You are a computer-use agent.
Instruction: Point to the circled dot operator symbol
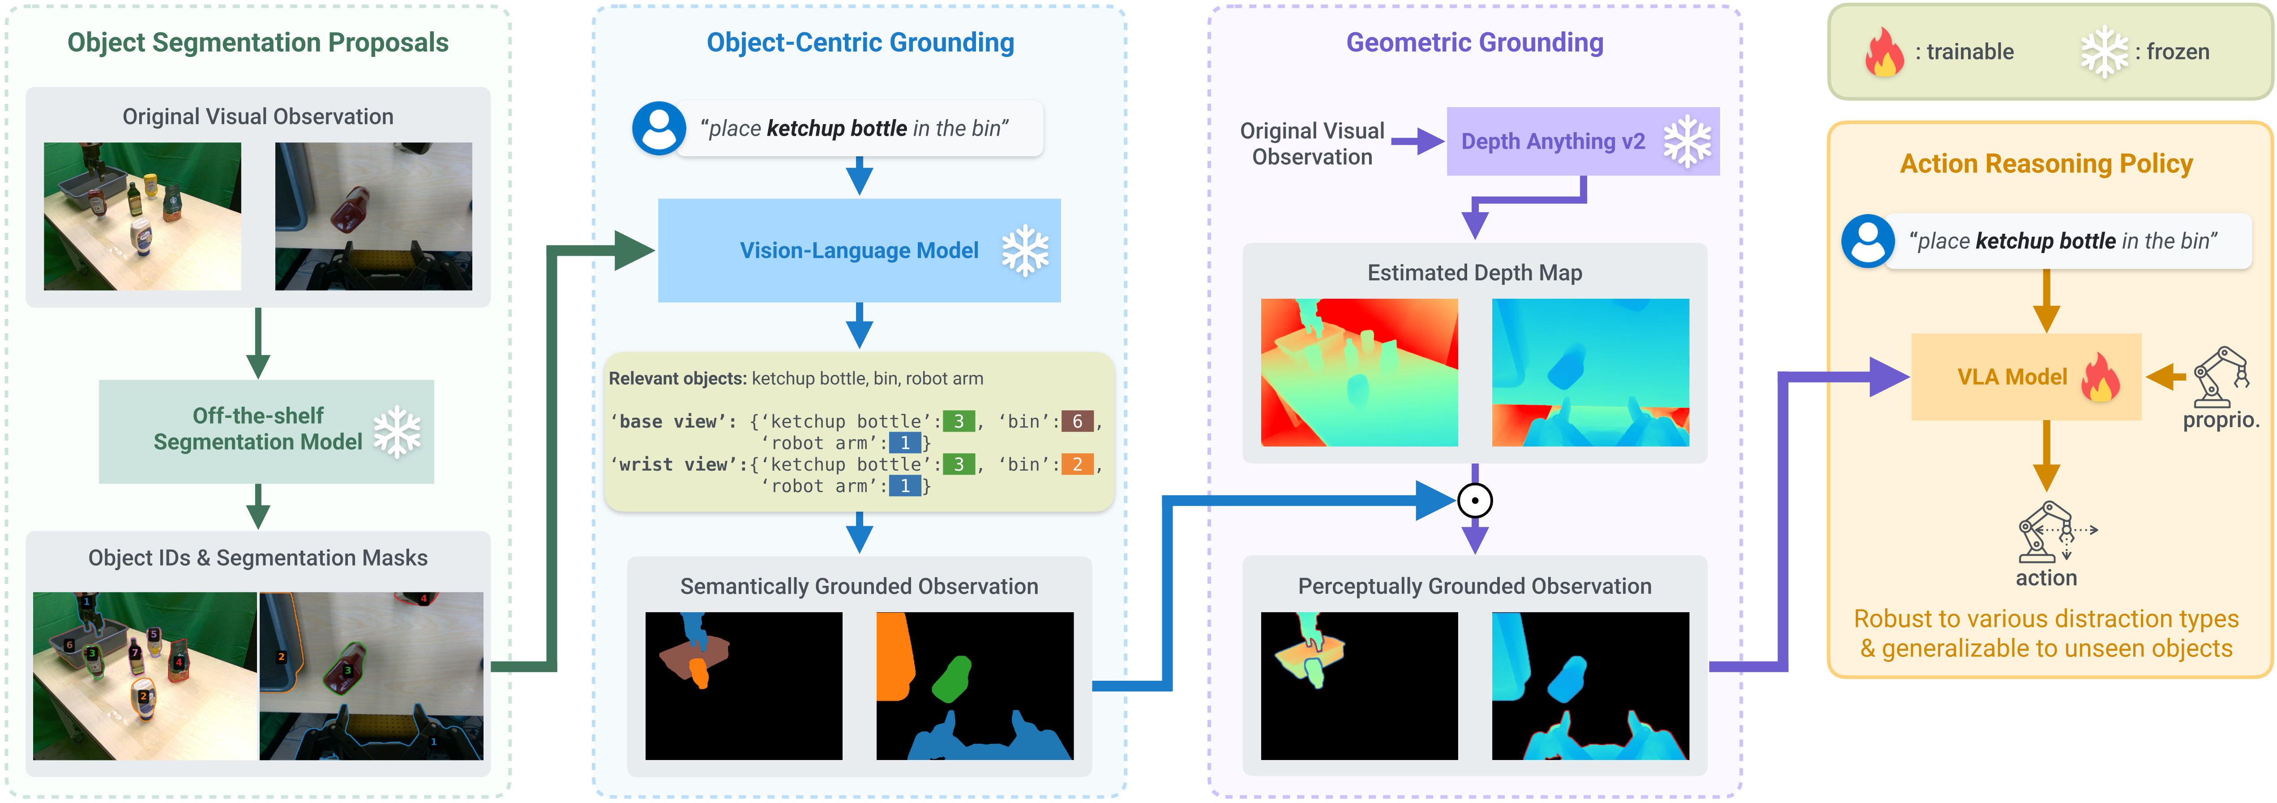pyautogui.click(x=1474, y=501)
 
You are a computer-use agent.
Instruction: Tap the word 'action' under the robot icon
pyautogui.click(x=2046, y=577)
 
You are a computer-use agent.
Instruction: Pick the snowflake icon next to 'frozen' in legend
pyautogui.click(x=2104, y=52)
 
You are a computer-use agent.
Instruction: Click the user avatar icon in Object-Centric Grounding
pyautogui.click(x=659, y=128)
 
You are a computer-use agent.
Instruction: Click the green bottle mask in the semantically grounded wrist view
pyautogui.click(x=952, y=679)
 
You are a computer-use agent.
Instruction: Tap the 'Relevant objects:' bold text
pyautogui.click(x=677, y=378)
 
